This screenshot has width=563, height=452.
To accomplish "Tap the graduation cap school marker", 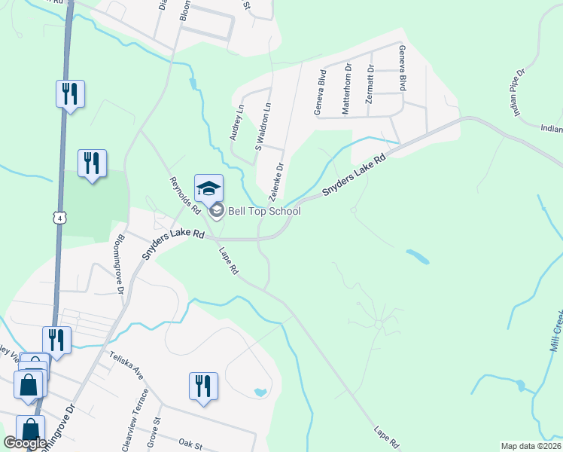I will (209, 188).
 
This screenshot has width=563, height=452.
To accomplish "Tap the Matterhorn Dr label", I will (347, 88).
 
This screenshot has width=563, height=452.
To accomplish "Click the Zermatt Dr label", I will (370, 89).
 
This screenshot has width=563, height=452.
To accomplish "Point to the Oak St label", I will (192, 444).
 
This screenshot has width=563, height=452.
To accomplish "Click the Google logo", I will (24, 443).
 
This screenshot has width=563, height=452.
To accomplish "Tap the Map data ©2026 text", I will (530, 446).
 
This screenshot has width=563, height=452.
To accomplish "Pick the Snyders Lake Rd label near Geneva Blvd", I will (354, 177).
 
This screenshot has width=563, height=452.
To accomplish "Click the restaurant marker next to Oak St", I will (203, 386).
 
